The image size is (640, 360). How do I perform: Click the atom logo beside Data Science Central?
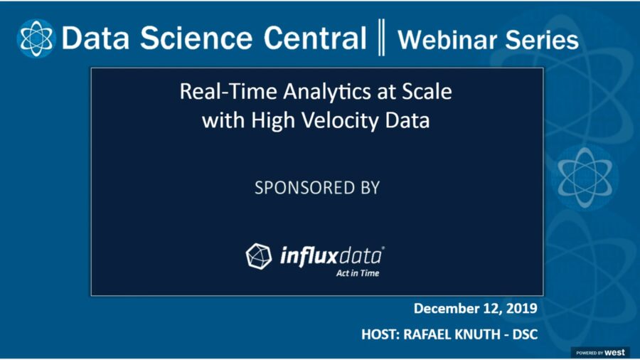[x=36, y=37]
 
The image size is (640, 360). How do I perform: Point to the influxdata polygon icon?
[x=259, y=255]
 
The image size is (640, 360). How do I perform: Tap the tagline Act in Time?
[x=358, y=272]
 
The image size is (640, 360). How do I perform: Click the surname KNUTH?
[x=479, y=334]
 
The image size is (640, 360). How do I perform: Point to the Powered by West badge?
[x=599, y=352]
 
